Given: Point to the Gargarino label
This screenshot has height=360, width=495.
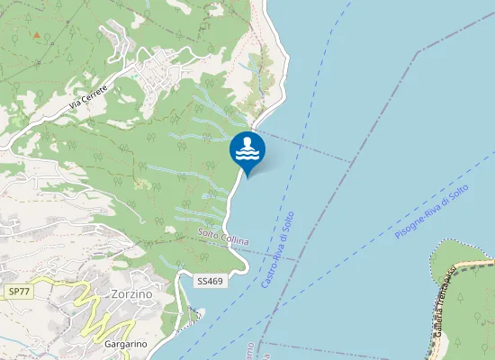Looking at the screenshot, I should tap(125, 344).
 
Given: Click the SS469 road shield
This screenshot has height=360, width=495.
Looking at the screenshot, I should tap(210, 281).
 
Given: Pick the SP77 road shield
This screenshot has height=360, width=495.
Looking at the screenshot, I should tap(19, 292).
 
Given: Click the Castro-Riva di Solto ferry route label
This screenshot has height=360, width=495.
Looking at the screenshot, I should tap(278, 250).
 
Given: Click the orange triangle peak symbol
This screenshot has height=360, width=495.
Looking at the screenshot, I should tap(36, 35).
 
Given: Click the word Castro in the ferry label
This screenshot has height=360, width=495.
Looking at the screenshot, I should tap(267, 275).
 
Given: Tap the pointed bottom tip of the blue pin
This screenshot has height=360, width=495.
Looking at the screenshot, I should tap(247, 175).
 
